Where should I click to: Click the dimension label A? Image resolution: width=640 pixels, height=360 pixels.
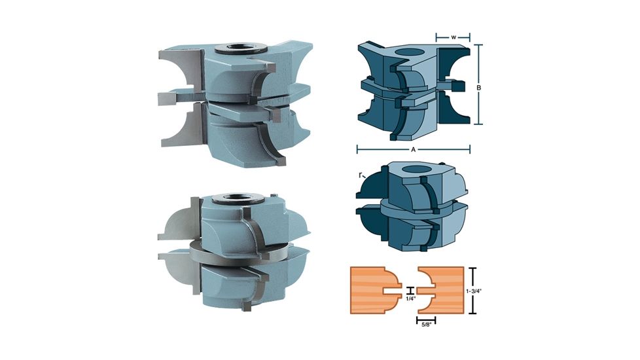(413, 150)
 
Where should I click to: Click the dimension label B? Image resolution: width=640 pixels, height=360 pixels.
(479, 88)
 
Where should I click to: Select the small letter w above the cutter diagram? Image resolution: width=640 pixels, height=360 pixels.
(453, 37)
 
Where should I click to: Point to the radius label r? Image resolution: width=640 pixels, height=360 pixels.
(361, 175)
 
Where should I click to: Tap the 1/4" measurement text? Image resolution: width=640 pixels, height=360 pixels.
(410, 298)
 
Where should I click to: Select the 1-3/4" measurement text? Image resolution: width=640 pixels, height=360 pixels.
(474, 291)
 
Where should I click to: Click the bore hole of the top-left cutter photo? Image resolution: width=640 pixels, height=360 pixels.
(241, 48)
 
